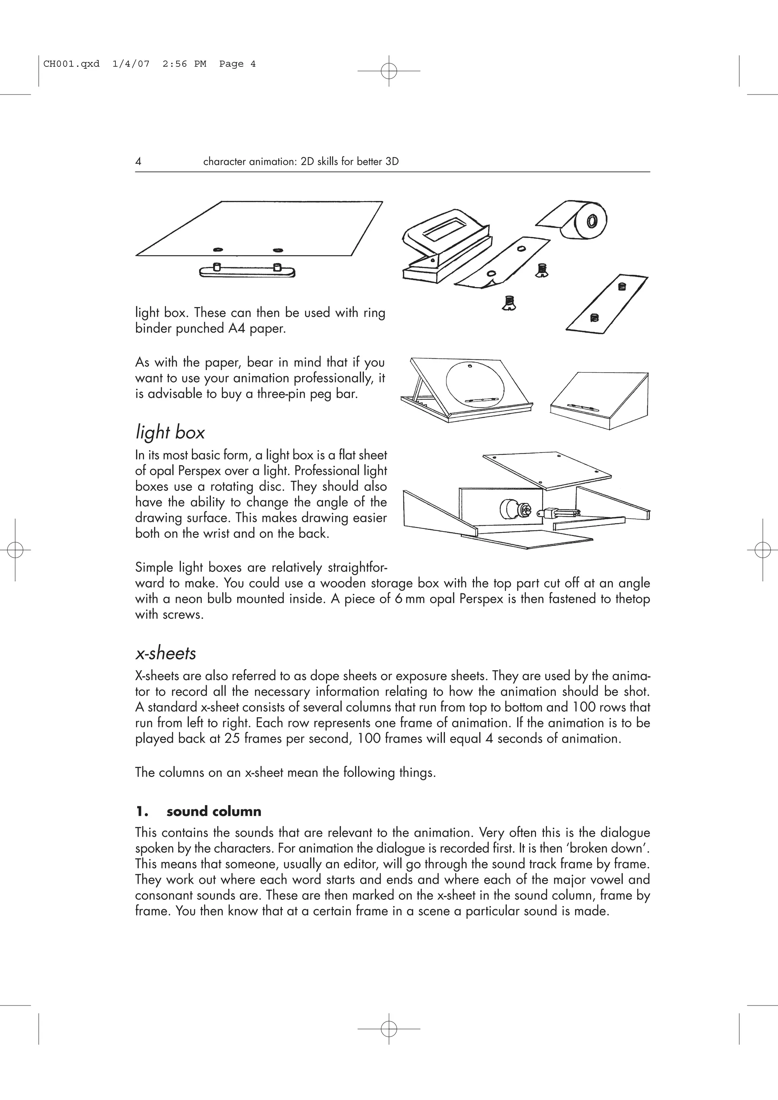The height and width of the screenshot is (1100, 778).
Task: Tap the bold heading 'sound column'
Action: click(x=214, y=811)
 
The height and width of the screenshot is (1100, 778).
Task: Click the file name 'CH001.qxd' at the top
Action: click(x=71, y=64)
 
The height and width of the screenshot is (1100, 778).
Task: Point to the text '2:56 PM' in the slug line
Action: click(x=184, y=64)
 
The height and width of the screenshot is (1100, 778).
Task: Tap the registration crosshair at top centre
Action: click(x=389, y=71)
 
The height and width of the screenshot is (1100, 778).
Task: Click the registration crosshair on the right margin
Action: click(x=762, y=550)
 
